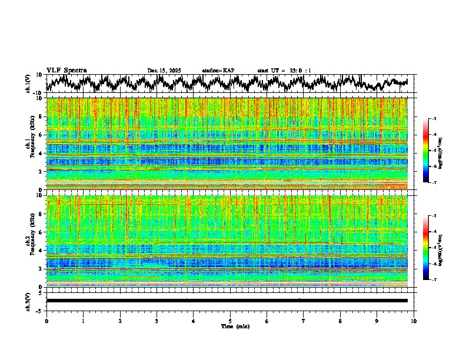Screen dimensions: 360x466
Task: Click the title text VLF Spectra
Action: click(x=66, y=70)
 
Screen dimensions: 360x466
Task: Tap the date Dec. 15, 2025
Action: click(x=164, y=71)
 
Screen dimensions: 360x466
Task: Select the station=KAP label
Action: click(x=218, y=71)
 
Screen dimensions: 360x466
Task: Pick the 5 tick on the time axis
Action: click(x=230, y=321)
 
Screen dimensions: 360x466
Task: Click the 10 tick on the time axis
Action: click(x=414, y=321)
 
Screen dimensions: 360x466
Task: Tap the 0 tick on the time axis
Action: click(x=46, y=321)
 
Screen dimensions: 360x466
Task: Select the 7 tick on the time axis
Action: click(x=304, y=321)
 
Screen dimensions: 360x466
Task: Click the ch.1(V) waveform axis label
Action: click(x=28, y=84)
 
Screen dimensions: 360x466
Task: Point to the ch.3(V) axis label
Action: click(x=28, y=301)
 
